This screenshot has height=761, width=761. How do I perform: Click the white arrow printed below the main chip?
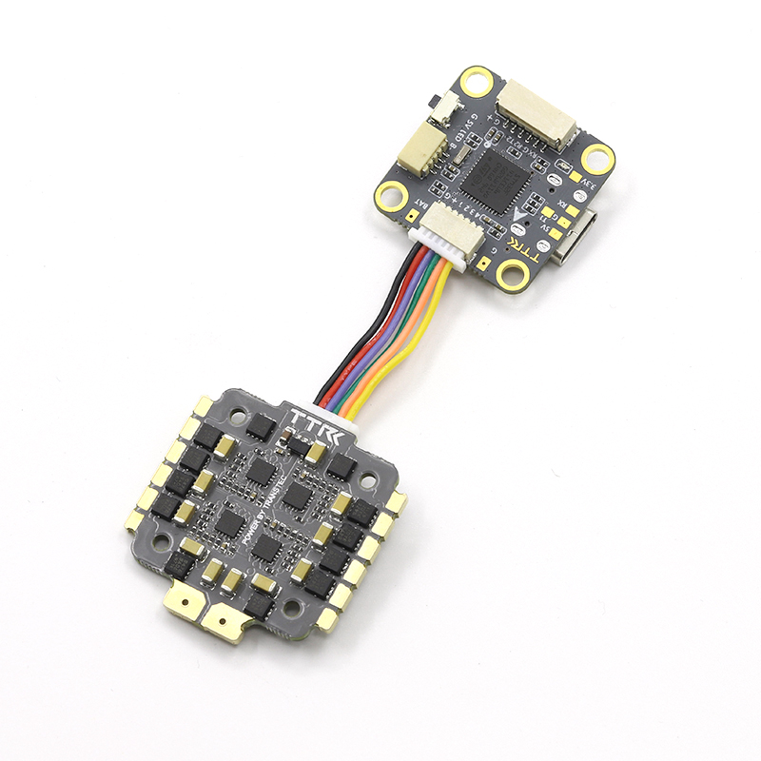tap(517, 216)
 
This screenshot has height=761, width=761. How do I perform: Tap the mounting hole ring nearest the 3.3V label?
tap(597, 157)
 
